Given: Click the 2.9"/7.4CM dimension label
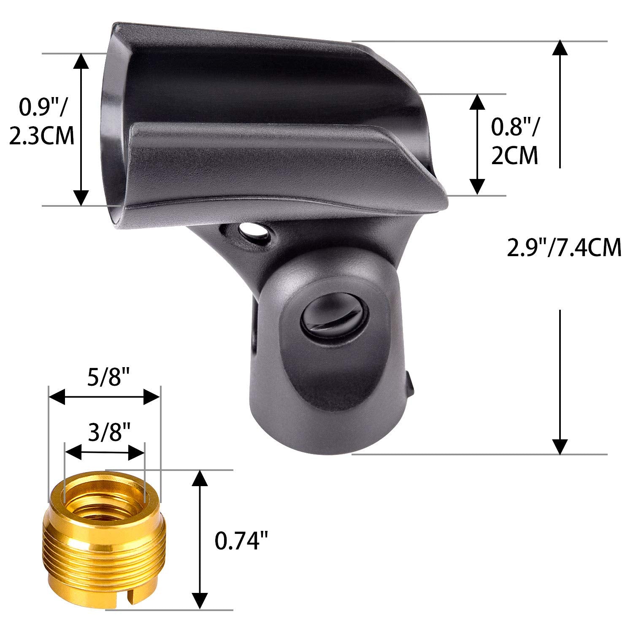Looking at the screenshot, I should [564, 248].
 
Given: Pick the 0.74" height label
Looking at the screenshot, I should [242, 541].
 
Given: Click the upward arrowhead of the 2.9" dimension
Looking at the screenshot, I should [560, 49].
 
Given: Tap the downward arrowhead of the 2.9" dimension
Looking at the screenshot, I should [560, 446].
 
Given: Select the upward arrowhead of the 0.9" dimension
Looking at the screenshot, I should [81, 61].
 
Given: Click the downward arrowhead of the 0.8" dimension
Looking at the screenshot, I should [477, 187].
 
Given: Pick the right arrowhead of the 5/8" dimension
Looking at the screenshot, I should [152, 397].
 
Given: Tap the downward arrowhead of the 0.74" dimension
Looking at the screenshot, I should [200, 601].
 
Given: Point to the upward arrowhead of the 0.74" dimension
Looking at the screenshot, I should [200, 479].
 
